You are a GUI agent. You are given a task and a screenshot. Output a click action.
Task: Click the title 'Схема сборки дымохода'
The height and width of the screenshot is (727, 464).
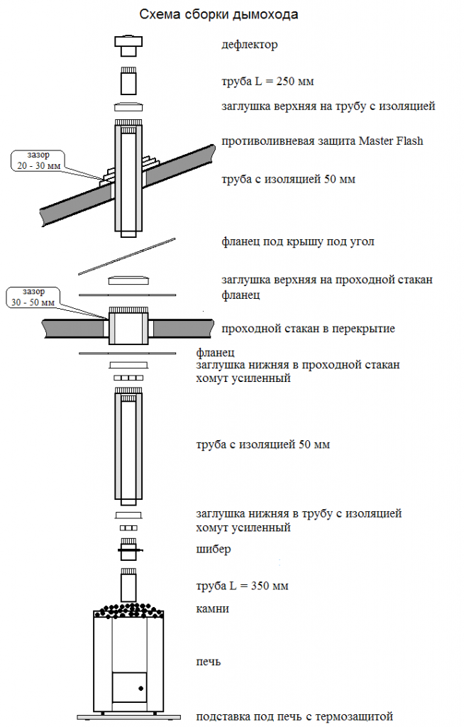219,14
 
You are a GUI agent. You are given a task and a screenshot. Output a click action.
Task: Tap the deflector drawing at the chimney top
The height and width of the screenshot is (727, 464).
129,45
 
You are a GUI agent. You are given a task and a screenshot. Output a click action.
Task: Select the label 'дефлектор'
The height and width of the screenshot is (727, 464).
249,45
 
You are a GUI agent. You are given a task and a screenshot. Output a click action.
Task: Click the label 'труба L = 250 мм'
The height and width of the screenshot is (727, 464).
267,82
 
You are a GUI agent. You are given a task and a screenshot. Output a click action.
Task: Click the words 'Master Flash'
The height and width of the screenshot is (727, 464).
390,141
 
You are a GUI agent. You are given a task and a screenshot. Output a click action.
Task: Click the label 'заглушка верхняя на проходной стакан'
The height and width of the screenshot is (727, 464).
327,280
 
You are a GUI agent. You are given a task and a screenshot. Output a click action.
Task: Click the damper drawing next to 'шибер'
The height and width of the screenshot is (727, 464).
129,549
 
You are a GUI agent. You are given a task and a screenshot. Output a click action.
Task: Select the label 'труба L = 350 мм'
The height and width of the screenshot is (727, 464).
242,586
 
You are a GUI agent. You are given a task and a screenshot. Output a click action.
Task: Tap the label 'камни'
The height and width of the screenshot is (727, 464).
212,609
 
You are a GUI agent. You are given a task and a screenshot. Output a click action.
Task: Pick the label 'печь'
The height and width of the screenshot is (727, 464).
209,662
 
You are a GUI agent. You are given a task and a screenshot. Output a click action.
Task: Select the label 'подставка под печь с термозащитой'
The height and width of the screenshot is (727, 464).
294,716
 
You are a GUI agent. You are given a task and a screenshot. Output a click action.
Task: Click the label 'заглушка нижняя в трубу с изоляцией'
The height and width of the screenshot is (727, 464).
299,513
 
